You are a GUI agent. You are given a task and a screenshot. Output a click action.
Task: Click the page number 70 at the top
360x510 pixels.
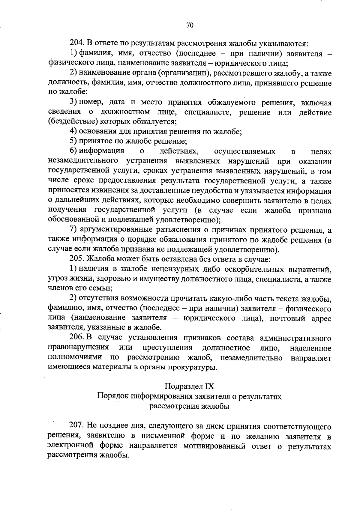point(190,25)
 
